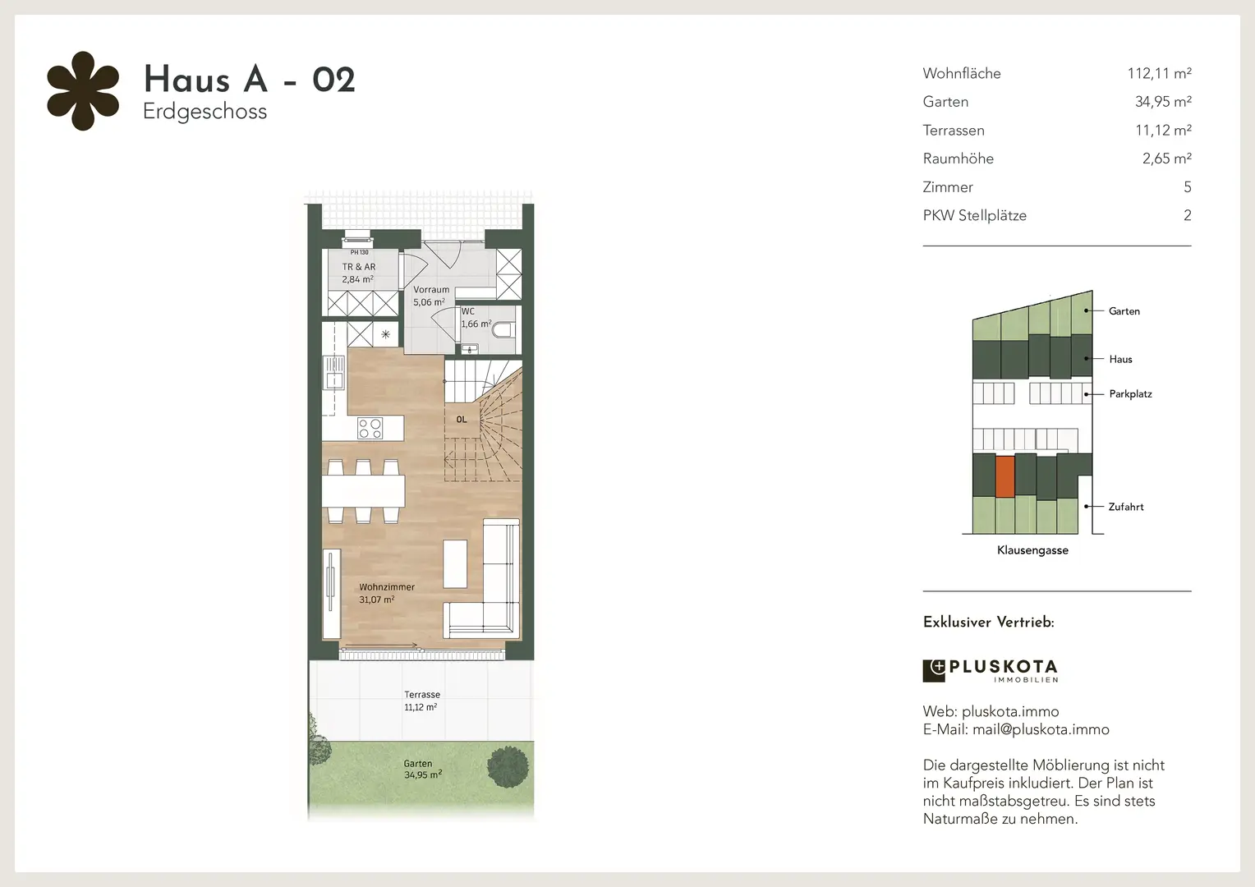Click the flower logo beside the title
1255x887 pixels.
83,91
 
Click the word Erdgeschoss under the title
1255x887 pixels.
205,112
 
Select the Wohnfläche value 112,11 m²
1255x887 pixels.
1159,73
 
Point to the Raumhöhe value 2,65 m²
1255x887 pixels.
1166,159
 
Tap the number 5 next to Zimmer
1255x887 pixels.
1187,187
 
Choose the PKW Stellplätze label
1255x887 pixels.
974,216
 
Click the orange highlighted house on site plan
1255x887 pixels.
1004,476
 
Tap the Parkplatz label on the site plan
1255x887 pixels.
1130,394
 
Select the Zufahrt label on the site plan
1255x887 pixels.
1125,507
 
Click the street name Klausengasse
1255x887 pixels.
1032,550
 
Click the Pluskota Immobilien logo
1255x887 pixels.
990,671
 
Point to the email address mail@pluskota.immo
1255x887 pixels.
1041,729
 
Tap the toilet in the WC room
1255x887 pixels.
503,330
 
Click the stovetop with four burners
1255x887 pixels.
370,429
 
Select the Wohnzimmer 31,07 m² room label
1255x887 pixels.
387,593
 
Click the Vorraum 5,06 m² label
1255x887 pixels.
431,296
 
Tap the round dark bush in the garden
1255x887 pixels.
508,766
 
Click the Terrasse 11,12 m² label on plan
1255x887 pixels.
422,701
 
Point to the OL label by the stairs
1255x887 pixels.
461,419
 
